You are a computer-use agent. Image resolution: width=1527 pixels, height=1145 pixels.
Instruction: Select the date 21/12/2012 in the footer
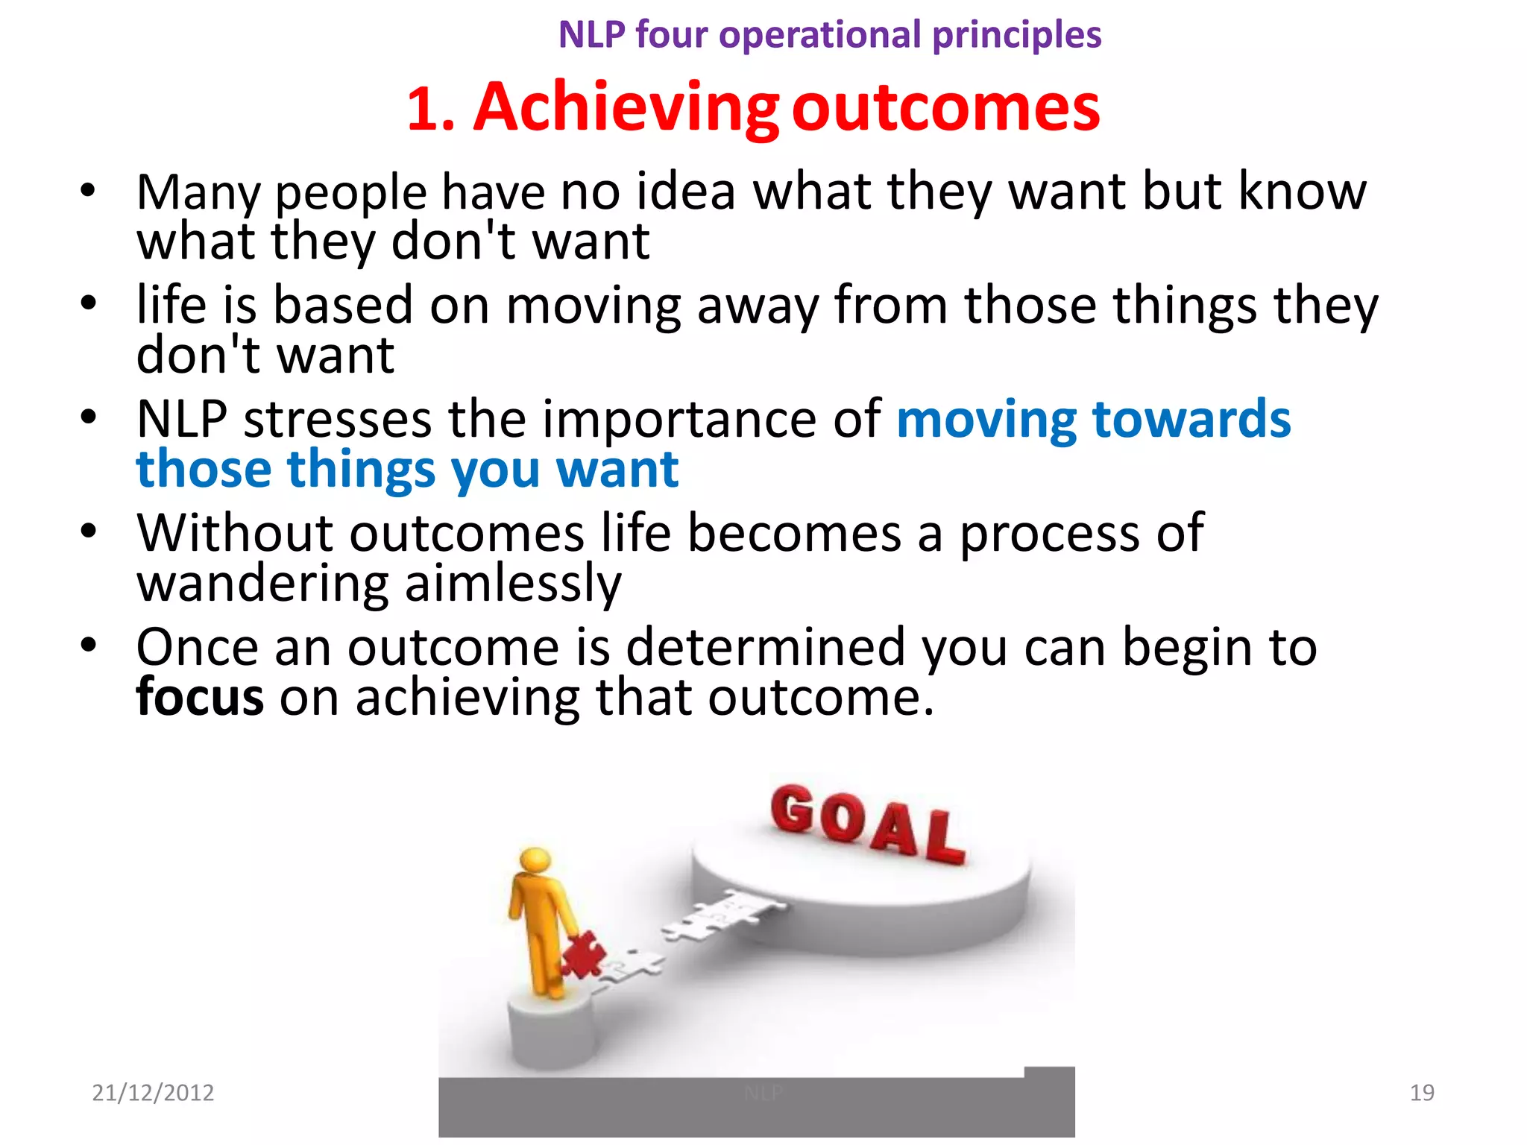pos(153,1092)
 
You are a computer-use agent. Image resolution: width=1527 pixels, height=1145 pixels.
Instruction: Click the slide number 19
pos(1421,1092)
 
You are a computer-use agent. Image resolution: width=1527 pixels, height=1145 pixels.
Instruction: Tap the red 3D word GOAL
pos(867,824)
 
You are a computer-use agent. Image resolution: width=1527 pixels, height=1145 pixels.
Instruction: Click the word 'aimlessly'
pos(513,584)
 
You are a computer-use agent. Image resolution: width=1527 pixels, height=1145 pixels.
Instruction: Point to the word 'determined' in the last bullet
pos(765,646)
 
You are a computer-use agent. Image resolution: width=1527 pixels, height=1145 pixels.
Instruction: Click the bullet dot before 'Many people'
pos(88,190)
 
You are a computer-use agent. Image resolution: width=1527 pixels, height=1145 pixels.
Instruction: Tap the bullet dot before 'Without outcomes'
pos(88,532)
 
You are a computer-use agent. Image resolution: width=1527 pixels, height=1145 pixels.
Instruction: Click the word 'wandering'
pos(262,584)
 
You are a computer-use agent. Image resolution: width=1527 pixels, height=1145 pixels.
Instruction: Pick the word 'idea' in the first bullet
pos(686,192)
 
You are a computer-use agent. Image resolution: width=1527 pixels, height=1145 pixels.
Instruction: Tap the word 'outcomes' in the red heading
pos(945,108)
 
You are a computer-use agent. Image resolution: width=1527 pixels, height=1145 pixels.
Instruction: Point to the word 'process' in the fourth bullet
pos(1049,534)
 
